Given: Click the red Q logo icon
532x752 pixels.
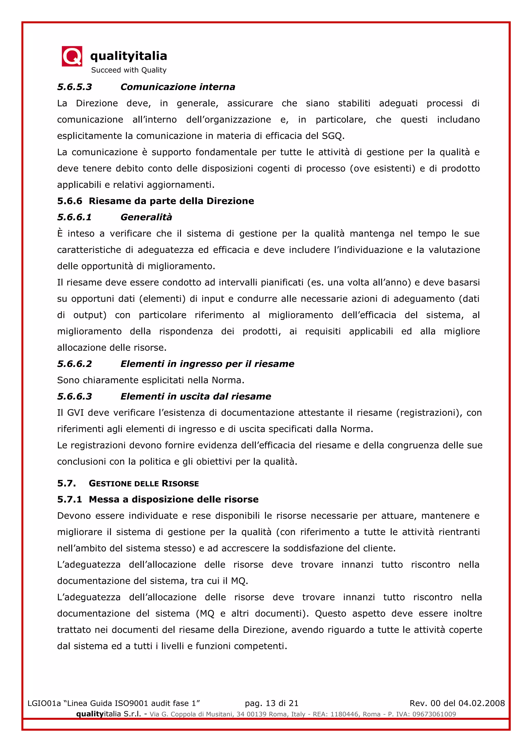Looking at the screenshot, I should [x=72, y=56].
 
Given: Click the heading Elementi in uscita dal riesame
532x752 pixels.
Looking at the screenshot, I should [x=196, y=396].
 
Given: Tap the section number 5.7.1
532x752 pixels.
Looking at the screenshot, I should [x=69, y=500].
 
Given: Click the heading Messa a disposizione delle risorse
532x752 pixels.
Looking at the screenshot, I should [x=174, y=500].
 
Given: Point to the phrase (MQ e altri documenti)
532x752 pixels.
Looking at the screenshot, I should [x=252, y=613].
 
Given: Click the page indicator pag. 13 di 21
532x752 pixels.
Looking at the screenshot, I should [x=271, y=703].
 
